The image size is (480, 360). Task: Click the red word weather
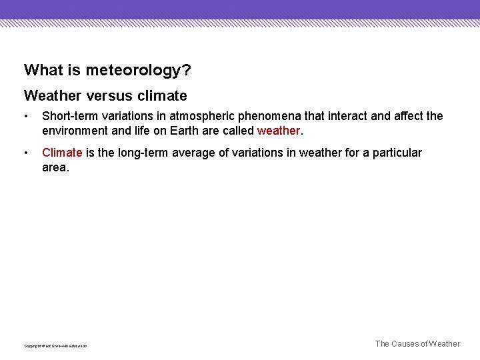(278, 131)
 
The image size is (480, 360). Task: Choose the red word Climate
(62, 153)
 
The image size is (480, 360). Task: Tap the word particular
(397, 153)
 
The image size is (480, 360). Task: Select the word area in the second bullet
(54, 167)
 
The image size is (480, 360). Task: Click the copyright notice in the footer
(55, 345)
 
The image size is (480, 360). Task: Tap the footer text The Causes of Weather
(417, 344)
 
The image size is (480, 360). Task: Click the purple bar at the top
(240, 9)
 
